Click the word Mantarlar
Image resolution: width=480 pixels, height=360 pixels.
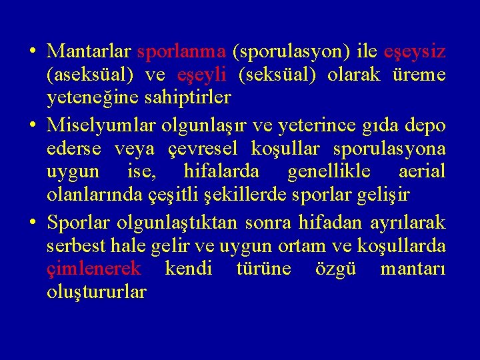(89, 51)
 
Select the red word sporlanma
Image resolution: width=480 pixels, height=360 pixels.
(181, 52)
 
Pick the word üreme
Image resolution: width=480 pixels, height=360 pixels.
(420, 75)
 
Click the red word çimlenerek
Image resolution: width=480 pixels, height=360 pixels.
(94, 269)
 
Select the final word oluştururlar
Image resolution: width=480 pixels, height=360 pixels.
(97, 292)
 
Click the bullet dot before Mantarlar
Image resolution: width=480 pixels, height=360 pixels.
(32, 51)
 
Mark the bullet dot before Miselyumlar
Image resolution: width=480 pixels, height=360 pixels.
(32, 125)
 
